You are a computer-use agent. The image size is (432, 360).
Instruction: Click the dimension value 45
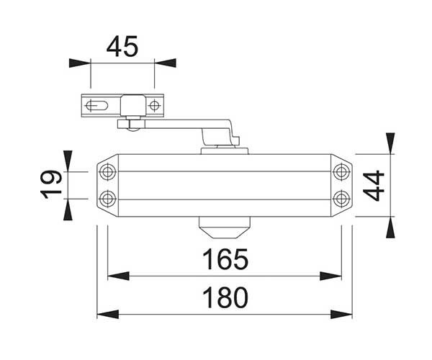click(x=122, y=46)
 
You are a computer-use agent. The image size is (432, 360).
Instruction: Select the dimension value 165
click(x=225, y=259)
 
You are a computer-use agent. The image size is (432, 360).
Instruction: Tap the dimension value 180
click(x=225, y=297)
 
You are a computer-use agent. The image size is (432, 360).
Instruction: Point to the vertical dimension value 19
click(x=51, y=184)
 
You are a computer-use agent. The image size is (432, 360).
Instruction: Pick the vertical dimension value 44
click(x=374, y=186)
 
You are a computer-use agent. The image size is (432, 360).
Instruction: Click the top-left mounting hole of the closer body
click(x=107, y=172)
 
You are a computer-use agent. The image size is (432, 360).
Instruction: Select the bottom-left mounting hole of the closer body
click(x=107, y=199)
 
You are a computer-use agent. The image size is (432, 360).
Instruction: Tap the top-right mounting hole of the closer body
click(x=341, y=172)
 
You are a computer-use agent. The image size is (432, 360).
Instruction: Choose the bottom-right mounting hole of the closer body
click(x=341, y=199)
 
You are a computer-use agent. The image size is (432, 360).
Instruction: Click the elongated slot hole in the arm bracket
click(x=96, y=106)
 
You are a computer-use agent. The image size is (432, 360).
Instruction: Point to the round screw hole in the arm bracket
click(x=154, y=106)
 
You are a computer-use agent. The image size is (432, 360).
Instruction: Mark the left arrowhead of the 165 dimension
click(x=119, y=276)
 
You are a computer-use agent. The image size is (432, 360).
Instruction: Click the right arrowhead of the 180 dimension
click(x=341, y=314)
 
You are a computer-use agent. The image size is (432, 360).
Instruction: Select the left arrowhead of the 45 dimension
click(x=80, y=63)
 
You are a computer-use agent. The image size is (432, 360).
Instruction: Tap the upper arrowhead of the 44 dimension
click(x=390, y=143)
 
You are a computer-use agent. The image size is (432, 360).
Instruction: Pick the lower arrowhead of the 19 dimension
click(x=68, y=210)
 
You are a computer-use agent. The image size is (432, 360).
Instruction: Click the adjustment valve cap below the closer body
click(x=224, y=228)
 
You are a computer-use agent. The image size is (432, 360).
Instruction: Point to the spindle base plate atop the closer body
click(x=225, y=151)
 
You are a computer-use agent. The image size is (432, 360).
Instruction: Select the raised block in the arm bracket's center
click(x=132, y=105)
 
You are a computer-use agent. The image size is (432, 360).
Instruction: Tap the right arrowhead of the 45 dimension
click(x=166, y=63)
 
